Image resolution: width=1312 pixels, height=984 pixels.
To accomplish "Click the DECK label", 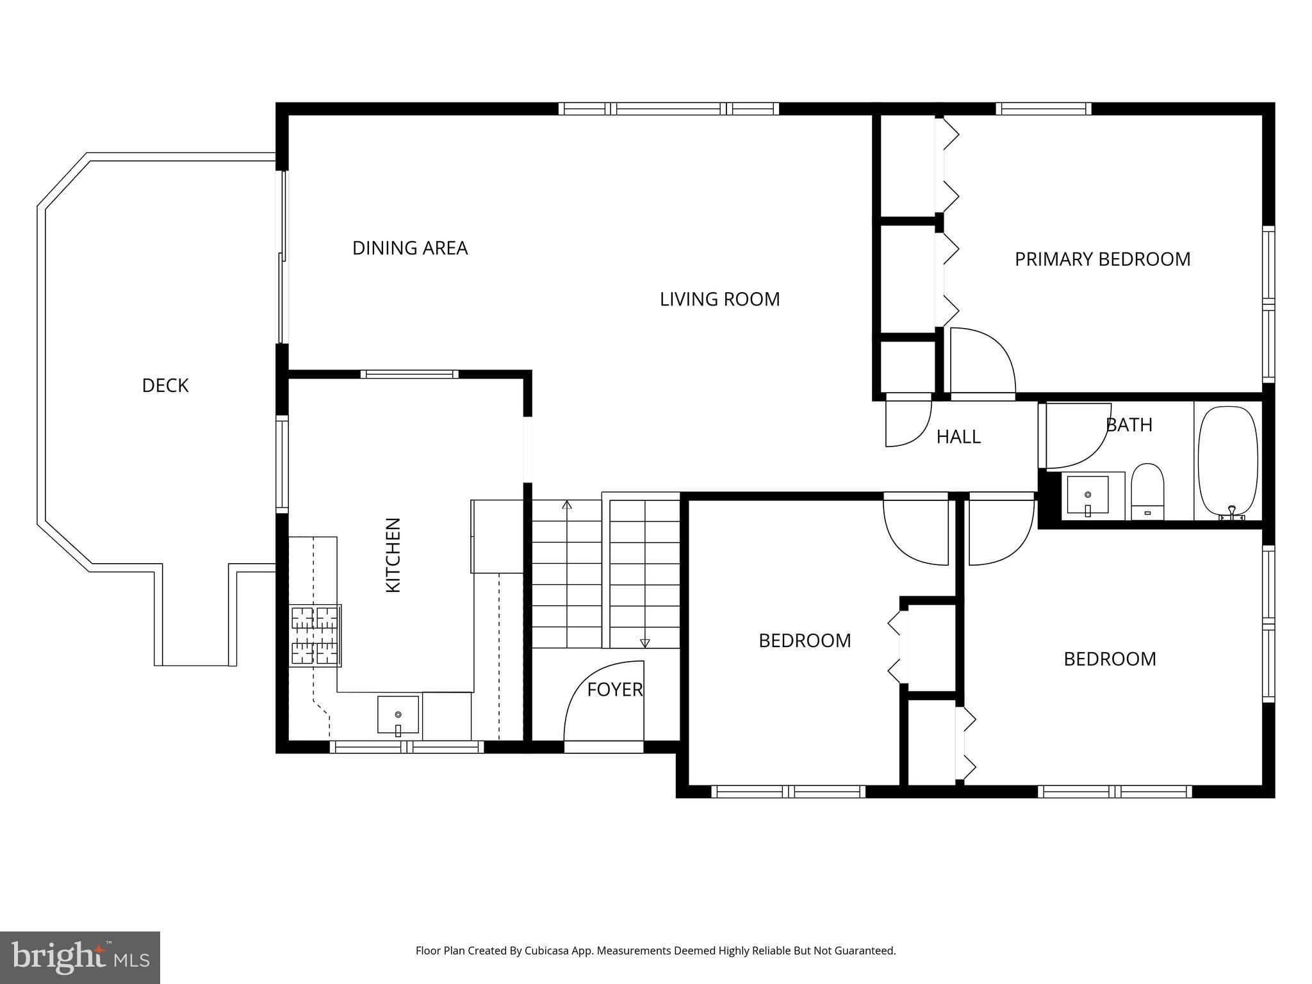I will (x=165, y=386).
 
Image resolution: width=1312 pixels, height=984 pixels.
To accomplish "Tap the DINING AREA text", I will (x=410, y=248).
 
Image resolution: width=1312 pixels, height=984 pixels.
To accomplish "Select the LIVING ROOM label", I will (x=719, y=299).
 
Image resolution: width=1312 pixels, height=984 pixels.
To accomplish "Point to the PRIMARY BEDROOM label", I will (x=1102, y=259).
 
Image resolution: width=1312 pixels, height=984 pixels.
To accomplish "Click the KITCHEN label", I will (x=393, y=555).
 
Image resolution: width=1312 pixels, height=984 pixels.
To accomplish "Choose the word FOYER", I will (x=614, y=690).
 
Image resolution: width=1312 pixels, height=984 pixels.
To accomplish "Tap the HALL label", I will (x=958, y=437).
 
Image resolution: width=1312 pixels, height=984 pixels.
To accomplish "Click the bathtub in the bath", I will (x=1227, y=461).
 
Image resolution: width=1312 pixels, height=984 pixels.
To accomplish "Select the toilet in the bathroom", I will (x=1147, y=490).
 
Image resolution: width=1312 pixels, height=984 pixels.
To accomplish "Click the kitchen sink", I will (x=398, y=714).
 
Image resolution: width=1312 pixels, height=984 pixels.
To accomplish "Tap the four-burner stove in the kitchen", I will (x=315, y=635).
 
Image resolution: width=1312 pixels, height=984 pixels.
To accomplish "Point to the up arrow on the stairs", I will (x=567, y=505).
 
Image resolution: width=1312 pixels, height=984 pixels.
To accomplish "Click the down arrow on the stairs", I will (x=644, y=643).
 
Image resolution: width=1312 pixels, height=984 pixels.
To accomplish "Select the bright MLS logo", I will (x=79, y=957).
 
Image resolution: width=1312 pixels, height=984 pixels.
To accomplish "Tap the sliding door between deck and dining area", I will (x=281, y=256).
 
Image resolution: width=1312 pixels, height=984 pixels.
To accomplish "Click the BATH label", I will (x=1129, y=425).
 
